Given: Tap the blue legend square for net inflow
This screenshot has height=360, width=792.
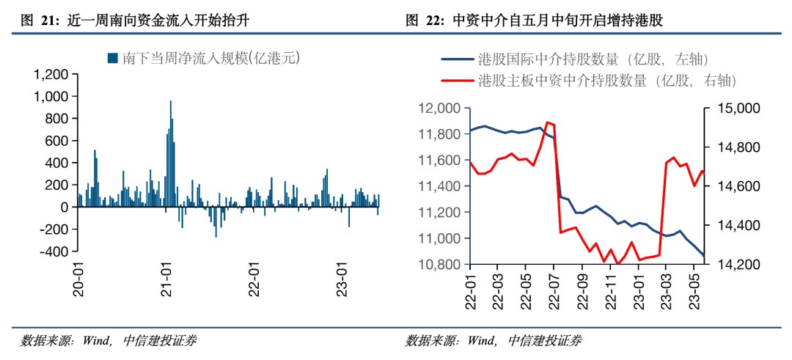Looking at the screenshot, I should click(x=113, y=57).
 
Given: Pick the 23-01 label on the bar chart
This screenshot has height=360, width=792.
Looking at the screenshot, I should click(x=339, y=276).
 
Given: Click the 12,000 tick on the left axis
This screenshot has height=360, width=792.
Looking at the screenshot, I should click(x=438, y=109).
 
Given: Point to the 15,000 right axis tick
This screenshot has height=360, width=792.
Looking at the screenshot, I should click(x=724, y=109).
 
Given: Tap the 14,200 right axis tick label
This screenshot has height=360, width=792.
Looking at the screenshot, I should click(x=724, y=264).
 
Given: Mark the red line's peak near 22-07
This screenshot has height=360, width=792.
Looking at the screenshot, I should click(x=548, y=122).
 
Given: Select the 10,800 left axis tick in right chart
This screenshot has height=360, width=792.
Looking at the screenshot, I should click(x=438, y=264).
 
